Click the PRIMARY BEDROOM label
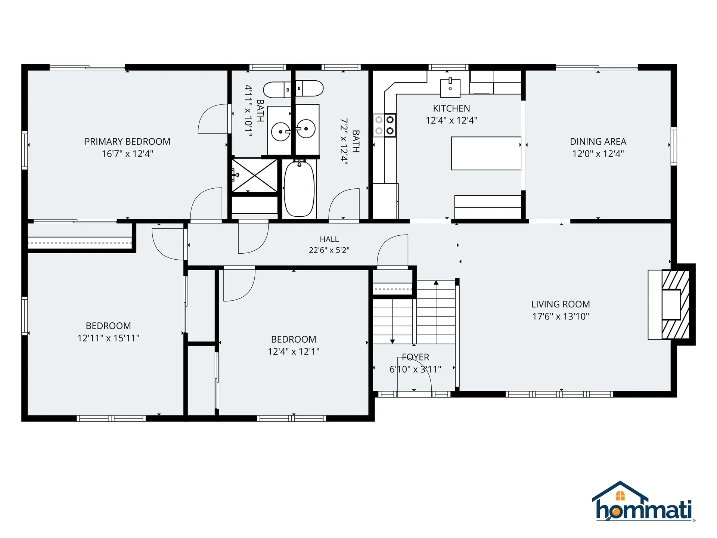127,142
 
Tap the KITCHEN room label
451,108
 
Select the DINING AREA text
598,142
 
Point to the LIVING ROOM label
561,304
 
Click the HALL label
329,239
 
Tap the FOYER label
415,357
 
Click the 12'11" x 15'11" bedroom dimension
108,338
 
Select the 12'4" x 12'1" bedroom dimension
294,352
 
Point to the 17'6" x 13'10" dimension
561,316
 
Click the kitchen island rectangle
486,153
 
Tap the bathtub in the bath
299,189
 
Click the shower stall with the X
255,176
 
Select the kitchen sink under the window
450,87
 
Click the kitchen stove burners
385,125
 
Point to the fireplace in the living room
671,304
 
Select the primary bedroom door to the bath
213,119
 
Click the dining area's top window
597,68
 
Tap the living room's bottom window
559,394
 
